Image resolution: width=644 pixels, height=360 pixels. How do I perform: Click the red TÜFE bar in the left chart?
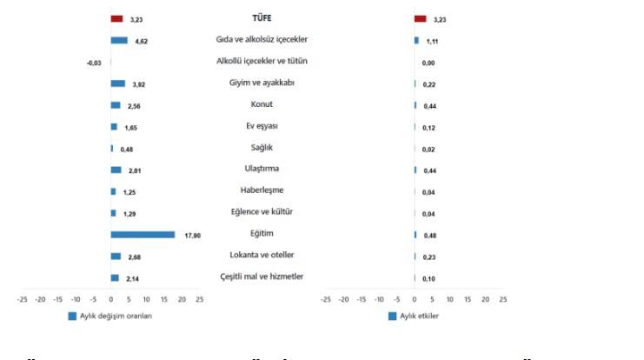[x=116, y=18]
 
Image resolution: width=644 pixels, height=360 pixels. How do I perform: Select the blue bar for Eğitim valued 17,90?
[x=143, y=235]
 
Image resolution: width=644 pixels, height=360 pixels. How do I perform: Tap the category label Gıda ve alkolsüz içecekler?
[x=262, y=40]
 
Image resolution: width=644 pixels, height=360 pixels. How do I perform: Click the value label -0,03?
[x=94, y=63]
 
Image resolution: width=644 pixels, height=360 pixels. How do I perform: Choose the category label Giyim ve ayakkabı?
[x=262, y=83]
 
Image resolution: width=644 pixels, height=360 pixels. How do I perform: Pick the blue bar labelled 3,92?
[x=118, y=83]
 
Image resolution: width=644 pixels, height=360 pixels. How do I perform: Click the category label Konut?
[x=262, y=104]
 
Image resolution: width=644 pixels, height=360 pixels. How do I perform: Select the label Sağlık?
[x=262, y=147]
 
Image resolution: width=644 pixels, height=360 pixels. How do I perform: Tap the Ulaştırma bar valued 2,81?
[x=116, y=170]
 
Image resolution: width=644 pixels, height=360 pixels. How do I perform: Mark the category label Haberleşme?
[x=262, y=190]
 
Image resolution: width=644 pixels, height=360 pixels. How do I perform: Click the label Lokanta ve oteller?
[x=262, y=255]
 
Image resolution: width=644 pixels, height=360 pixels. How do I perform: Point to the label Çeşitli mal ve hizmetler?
[x=262, y=277]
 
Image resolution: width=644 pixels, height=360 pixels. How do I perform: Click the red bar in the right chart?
[x=420, y=18]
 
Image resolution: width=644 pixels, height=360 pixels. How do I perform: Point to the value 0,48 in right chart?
[x=428, y=235]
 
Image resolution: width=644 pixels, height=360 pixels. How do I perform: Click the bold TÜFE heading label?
[x=262, y=17]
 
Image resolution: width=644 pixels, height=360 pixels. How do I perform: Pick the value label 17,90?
[x=192, y=235]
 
